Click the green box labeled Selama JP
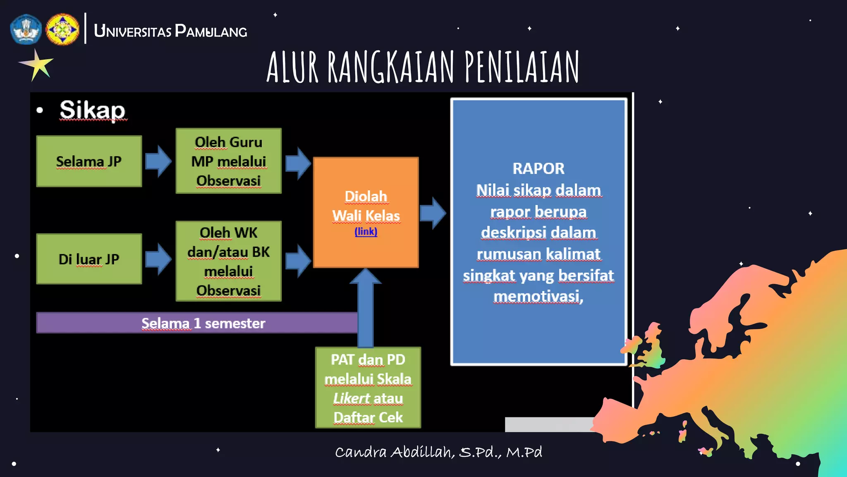89,161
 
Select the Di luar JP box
89,259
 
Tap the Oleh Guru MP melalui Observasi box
228,161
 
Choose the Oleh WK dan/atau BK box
228,261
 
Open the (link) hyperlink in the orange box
366,231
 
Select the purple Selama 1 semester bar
197,323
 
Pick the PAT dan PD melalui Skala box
368,388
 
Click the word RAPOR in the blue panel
538,169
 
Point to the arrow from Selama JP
158,161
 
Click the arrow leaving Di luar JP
158,259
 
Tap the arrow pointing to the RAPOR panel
433,213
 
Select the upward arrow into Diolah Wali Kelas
366,306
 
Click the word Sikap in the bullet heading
92,110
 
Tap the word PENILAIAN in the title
522,67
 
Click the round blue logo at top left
26,29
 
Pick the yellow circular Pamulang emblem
62,29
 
